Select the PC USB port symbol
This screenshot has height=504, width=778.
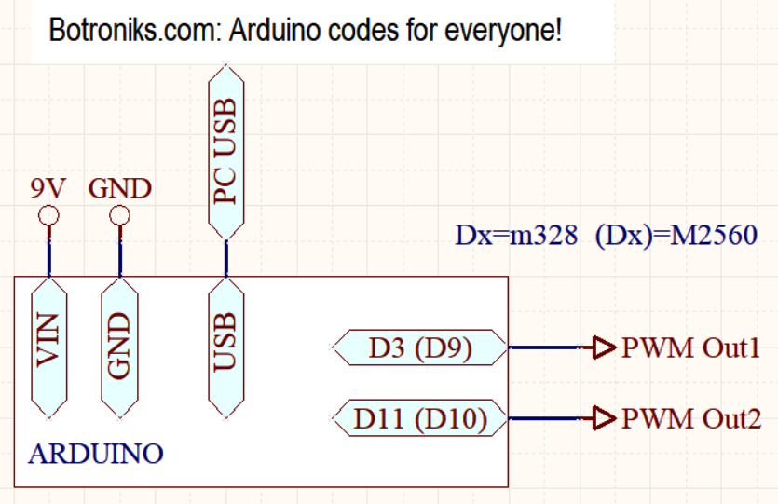226,152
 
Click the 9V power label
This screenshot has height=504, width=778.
48,188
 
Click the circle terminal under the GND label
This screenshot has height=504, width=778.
119,216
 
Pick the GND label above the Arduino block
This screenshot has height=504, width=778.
119,188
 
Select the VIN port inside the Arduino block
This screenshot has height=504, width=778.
48,348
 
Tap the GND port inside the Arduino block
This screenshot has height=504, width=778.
119,348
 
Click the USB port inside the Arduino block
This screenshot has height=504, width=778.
226,348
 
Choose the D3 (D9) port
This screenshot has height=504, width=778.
420,347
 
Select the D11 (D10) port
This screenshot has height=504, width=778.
420,418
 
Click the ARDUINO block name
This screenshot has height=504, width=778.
96,454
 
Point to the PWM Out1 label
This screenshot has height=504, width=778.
690,347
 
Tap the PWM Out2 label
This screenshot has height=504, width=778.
691,418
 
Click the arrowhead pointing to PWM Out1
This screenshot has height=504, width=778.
604,347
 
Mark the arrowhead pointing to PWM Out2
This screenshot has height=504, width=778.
604,417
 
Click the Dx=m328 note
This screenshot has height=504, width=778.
516,235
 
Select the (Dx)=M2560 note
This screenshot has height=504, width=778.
676,236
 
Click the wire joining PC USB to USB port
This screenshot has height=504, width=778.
226,258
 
